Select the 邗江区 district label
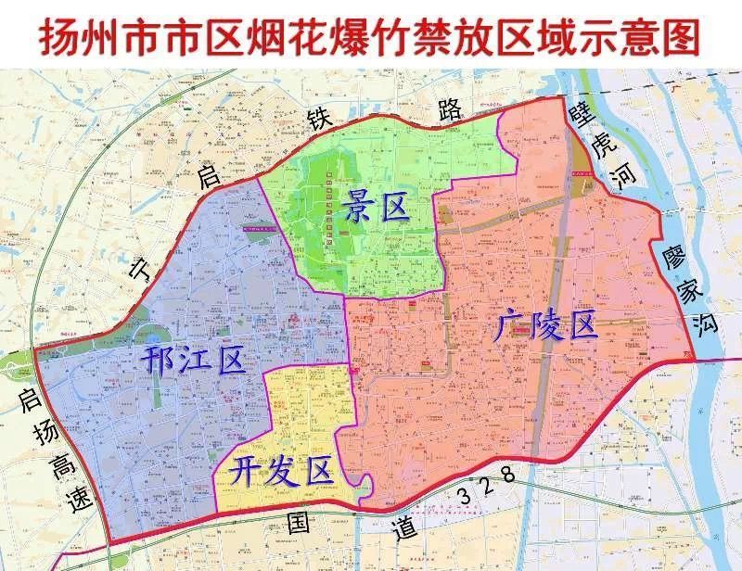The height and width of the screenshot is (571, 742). tap(195, 358)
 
